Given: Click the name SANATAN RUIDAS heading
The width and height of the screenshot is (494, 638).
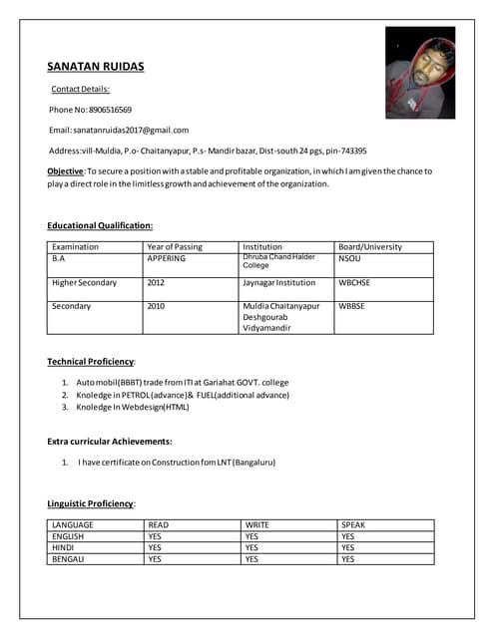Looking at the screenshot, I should (x=96, y=67).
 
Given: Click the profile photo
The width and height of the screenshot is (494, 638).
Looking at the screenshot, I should (x=419, y=73).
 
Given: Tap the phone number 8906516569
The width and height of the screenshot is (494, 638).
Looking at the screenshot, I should (x=110, y=110).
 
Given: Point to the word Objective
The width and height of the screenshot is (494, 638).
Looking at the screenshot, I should (x=65, y=171).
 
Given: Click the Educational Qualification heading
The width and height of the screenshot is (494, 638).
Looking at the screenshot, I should (x=100, y=226).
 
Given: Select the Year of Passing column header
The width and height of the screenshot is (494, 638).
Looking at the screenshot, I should (x=175, y=247).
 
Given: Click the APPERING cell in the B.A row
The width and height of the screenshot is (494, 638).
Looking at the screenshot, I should (x=167, y=258).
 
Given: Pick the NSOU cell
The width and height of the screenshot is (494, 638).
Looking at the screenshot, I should (x=349, y=258).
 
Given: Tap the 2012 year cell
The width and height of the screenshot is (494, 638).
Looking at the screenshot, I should (x=156, y=282).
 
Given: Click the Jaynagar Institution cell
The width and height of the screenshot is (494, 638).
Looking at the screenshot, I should (x=278, y=282).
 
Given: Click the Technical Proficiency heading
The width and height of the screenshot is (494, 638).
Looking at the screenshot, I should (x=91, y=361).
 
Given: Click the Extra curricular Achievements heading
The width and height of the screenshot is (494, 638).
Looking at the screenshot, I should (x=110, y=441).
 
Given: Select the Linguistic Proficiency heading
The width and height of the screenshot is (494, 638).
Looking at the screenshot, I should (x=91, y=503).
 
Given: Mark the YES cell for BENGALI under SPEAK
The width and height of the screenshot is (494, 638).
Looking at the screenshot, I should (x=347, y=559).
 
